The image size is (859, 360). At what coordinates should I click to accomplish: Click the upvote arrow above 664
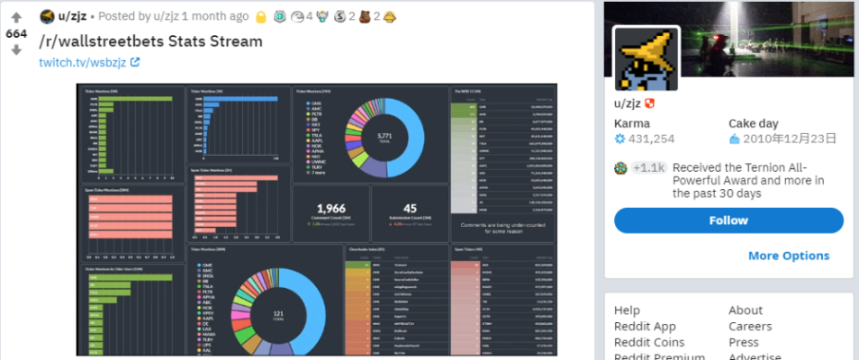(x=16, y=17)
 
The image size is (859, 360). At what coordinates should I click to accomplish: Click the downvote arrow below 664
(x=16, y=50)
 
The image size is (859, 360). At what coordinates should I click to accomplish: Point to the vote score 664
(x=16, y=33)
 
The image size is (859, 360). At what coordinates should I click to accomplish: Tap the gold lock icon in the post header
(x=260, y=16)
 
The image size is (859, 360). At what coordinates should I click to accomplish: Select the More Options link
(x=789, y=256)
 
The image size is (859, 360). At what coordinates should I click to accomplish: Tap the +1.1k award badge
(x=648, y=167)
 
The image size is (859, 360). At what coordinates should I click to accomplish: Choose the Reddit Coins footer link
(x=649, y=342)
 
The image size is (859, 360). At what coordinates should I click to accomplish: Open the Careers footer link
(x=750, y=327)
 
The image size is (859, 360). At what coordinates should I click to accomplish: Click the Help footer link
(x=628, y=310)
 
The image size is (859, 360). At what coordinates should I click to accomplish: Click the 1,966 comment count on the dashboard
(x=330, y=209)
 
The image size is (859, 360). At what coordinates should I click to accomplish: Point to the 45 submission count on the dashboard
(x=409, y=209)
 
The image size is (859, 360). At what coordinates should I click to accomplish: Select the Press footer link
(x=744, y=342)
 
